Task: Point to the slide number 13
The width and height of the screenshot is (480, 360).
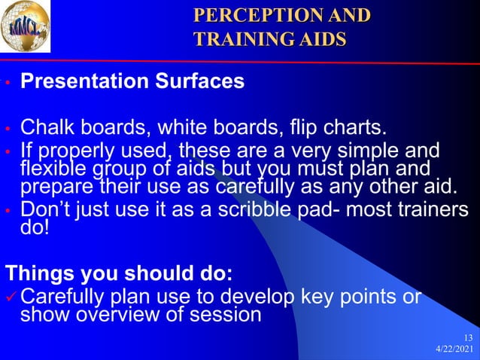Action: click(468, 337)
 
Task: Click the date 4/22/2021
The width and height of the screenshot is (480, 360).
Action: click(455, 350)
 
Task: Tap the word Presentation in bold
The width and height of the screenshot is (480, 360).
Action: click(84, 81)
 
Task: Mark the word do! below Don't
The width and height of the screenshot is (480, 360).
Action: click(34, 227)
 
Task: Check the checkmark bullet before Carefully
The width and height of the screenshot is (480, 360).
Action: click(10, 296)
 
